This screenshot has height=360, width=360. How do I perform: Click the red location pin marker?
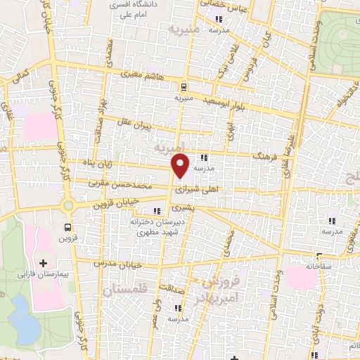[x=181, y=166]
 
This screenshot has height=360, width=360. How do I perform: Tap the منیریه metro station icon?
[x=184, y=87]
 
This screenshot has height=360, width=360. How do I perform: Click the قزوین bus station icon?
[x=67, y=227]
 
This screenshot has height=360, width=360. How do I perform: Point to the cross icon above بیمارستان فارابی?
[x=43, y=262]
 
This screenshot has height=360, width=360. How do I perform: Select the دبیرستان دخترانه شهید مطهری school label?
[x=156, y=226]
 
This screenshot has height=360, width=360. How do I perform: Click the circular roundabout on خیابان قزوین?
[x=69, y=206]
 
